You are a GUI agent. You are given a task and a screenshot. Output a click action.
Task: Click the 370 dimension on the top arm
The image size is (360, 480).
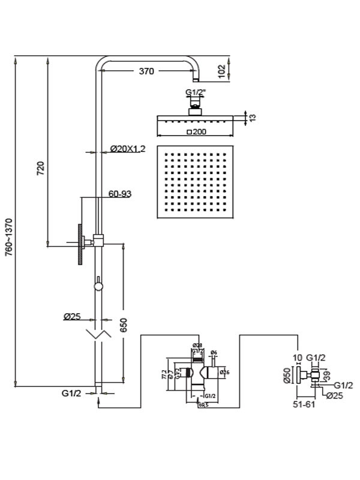(146, 71)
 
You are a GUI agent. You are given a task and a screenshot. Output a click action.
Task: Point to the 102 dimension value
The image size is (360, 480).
(222, 70)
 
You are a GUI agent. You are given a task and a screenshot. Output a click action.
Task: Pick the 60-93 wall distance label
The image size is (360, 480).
(120, 193)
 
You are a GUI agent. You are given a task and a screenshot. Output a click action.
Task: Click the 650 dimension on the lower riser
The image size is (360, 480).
(124, 325)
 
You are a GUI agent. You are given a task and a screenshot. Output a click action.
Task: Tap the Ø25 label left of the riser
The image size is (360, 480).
(71, 317)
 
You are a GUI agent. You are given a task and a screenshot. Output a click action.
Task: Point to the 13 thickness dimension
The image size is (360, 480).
(253, 118)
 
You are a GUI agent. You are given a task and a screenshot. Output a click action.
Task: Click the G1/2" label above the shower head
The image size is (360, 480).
(195, 92)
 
